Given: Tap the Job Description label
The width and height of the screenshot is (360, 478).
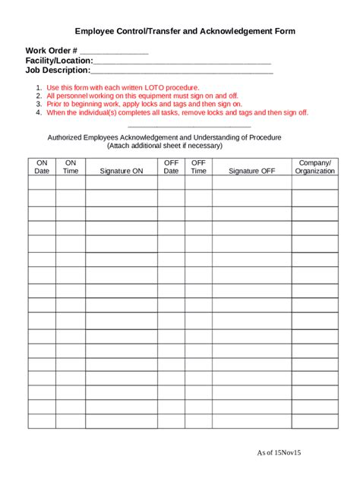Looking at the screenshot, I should point(57,71).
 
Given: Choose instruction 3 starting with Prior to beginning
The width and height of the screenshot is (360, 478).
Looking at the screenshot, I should point(144,105).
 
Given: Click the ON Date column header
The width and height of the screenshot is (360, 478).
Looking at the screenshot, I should point(42,167).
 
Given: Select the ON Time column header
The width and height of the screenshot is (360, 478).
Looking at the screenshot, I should point(71,167).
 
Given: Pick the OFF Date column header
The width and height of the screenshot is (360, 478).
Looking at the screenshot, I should point(171,167).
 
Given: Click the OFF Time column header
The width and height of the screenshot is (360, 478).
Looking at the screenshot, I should point(198,167).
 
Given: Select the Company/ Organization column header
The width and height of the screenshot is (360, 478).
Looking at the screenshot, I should point(314,167).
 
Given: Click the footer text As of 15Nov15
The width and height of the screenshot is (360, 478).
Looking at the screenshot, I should point(279,453).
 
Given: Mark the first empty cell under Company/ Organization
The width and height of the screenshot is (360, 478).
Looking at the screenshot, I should point(314,182).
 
